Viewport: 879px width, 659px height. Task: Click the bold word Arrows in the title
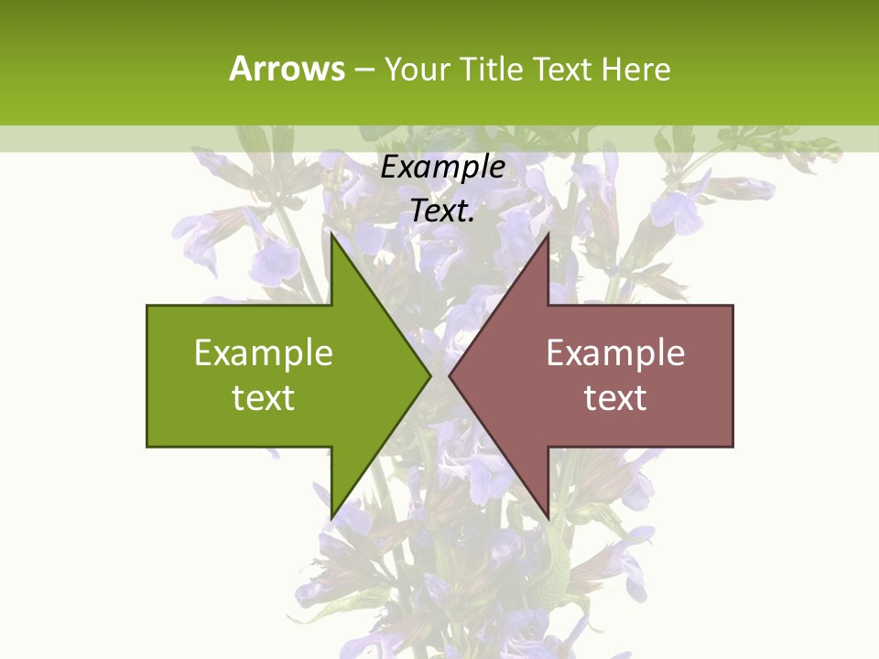pos(287,69)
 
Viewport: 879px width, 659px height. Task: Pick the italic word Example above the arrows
pos(443,167)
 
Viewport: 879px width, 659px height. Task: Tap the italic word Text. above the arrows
pos(443,211)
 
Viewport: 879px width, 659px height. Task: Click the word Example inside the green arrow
pos(264,353)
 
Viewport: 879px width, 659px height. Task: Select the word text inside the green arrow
pos(264,398)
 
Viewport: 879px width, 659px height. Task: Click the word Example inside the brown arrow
pos(615,353)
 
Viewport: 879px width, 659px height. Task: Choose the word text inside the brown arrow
pos(615,398)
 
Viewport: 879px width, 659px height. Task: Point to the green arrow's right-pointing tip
pos(430,375)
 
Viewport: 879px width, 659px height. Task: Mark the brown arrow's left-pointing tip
pos(450,375)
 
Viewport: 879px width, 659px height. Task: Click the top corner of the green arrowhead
pos(331,235)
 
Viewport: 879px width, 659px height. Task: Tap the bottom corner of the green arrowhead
pos(331,517)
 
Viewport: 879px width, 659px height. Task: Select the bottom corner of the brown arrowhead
pos(548,517)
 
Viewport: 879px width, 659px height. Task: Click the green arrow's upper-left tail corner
pos(147,306)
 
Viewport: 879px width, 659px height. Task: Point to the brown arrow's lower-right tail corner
pos(732,446)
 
